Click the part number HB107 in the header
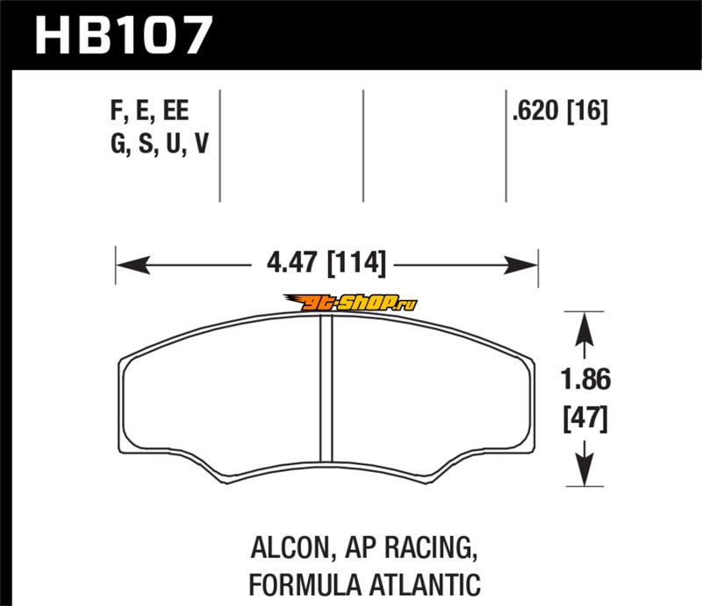pyautogui.click(x=123, y=35)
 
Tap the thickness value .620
pyautogui.click(x=536, y=111)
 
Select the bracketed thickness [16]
pyautogui.click(x=587, y=111)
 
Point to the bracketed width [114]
pyautogui.click(x=356, y=263)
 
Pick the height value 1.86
pyautogui.click(x=585, y=379)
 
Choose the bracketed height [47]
pyautogui.click(x=585, y=418)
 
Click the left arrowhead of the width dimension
pyautogui.click(x=133, y=265)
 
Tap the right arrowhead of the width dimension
pyautogui.click(x=520, y=265)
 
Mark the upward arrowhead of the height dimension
pyautogui.click(x=584, y=330)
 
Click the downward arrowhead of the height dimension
pyautogui.click(x=584, y=469)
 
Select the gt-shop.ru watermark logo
pyautogui.click(x=350, y=303)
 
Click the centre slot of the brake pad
pyautogui.click(x=326, y=389)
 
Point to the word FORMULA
pyautogui.click(x=304, y=585)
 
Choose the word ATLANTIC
pyautogui.click(x=426, y=585)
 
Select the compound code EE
pyautogui.click(x=175, y=111)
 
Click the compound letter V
pyautogui.click(x=202, y=144)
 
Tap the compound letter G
pyautogui.click(x=118, y=144)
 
